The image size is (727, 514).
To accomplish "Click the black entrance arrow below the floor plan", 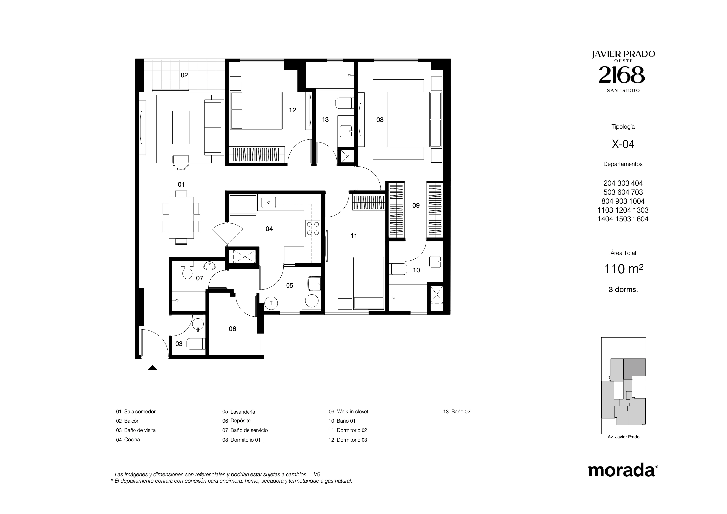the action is (x=152, y=368).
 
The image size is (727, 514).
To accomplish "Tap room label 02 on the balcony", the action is (x=184, y=75).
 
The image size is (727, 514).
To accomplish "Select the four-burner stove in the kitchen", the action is (x=313, y=228).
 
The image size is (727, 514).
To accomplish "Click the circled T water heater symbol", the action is (x=271, y=303).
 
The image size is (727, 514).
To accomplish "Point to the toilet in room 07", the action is (x=187, y=270).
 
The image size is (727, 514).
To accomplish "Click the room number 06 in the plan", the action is (x=232, y=329).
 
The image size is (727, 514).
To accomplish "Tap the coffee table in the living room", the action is (x=181, y=128).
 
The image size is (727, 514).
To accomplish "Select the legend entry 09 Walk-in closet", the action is (x=348, y=412).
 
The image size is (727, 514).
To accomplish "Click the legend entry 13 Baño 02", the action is (x=457, y=412).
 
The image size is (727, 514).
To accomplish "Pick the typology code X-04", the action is (x=623, y=144).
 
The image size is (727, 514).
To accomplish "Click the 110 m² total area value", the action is (x=624, y=269).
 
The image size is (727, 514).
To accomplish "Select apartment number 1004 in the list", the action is (x=636, y=201).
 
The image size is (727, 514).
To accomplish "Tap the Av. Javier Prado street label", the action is (x=624, y=437).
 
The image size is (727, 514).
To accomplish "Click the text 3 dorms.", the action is (x=623, y=290).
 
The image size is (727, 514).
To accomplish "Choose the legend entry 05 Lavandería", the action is (x=239, y=412).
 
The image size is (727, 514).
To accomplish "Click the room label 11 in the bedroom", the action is (x=354, y=236).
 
